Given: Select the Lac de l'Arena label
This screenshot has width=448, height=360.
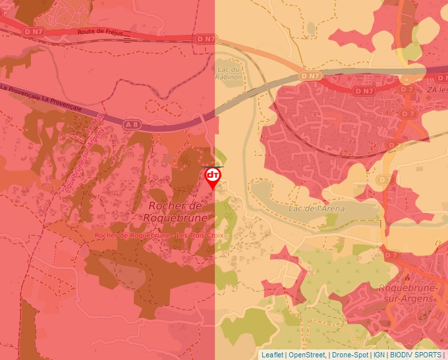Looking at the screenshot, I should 316,209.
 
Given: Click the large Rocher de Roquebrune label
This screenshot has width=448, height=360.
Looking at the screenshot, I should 174,212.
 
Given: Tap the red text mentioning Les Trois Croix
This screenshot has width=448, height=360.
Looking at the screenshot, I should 159,236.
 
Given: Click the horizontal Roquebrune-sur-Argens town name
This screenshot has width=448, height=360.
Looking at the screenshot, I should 405,293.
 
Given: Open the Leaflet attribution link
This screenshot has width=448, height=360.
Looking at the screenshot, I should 272,355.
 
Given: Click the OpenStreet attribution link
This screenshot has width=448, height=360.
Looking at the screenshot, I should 306,355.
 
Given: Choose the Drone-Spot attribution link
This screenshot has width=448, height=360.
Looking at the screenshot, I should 350,355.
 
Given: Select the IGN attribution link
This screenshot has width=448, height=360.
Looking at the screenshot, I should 379,355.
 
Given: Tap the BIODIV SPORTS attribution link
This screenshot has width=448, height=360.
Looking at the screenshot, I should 416,355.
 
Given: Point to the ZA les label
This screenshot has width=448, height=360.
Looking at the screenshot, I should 435,90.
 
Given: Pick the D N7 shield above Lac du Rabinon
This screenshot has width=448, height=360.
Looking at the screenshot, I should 206,39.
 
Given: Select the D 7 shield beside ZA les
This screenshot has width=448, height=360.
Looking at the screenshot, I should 407,89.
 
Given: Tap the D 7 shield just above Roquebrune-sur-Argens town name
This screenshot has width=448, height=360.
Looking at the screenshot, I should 391,255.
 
